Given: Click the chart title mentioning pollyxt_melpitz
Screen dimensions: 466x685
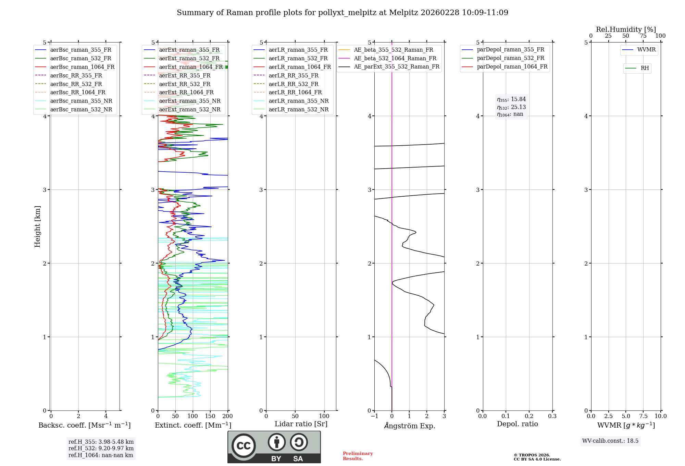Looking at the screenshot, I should coord(342,13).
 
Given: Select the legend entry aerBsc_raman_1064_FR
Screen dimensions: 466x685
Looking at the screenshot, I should coord(82,67).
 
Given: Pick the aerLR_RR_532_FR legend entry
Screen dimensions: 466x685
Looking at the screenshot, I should coord(293,84).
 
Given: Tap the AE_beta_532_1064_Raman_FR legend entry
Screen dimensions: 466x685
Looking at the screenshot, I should coord(395,58).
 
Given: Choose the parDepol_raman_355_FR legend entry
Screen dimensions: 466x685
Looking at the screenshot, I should coord(510,50).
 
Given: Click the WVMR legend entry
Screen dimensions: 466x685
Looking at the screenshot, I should coord(646,50).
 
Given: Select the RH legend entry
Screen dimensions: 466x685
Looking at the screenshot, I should coord(645,68).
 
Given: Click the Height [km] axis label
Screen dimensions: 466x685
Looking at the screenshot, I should coord(37,226).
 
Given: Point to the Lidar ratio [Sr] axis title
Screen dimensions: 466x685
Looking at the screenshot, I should coord(301,424).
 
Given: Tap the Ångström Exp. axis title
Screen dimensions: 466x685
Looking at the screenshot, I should coord(410,426).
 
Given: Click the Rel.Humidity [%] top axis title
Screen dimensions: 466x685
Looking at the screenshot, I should coord(626,29).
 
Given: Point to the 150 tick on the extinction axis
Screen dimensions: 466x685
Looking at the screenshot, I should coord(210,416).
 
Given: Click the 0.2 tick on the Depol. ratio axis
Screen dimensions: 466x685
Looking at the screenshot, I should coord(529,416).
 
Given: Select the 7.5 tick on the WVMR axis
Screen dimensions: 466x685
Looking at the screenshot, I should coord(643,416).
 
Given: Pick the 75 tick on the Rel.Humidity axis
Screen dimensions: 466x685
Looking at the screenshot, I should coord(643,36).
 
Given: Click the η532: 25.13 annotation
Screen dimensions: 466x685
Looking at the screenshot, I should coord(511,107).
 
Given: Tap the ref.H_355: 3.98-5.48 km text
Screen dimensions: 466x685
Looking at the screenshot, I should coord(101,442).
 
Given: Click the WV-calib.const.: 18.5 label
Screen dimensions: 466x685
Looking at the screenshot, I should coord(610,441).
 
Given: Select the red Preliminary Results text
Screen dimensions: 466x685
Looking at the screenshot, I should coord(358,456).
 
